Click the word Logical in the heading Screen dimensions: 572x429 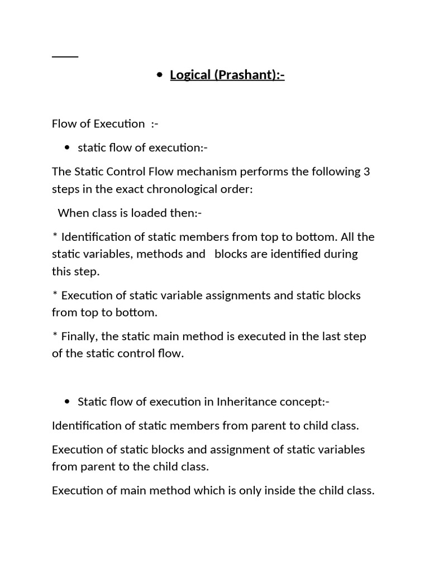tap(190, 75)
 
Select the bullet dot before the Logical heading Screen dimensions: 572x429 tap(160, 75)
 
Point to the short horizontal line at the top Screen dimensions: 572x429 tap(65, 56)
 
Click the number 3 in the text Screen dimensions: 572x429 tap(366, 171)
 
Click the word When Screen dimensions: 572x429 tap(71, 213)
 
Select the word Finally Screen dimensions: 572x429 tap(82, 336)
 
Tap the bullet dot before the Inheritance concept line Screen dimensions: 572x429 tap(67, 402)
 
